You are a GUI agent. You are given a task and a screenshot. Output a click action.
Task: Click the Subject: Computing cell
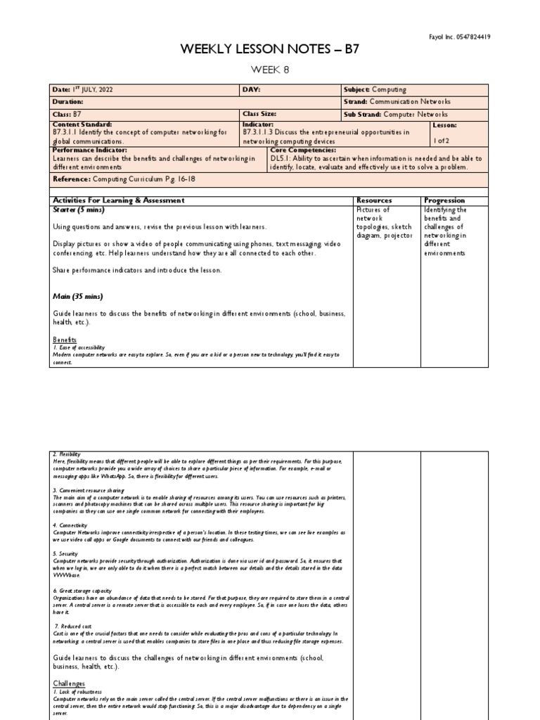375,90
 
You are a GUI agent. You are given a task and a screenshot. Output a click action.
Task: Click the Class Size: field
260,114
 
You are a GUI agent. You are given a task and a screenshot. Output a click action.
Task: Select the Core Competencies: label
303,150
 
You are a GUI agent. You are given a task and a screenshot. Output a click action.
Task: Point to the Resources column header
374,200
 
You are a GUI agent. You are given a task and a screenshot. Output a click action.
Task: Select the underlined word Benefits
65,340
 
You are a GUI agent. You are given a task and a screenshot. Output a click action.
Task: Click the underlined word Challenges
70,683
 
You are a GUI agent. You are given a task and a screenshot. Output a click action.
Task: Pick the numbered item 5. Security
66,553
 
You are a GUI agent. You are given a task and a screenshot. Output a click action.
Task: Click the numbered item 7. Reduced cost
74,625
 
